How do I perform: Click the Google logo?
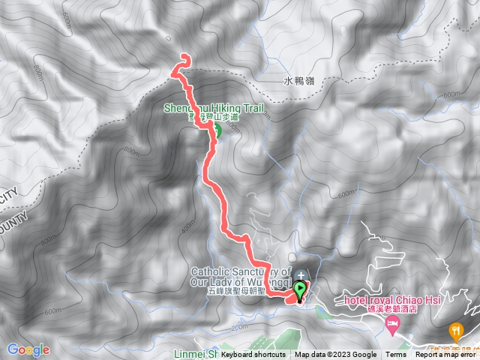28,349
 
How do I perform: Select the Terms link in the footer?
396,355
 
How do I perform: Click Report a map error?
445,355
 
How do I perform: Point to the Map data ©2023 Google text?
335,355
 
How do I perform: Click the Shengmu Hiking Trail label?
214,108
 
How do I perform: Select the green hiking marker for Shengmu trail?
214,133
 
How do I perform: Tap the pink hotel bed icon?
391,325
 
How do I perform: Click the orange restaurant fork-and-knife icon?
455,329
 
